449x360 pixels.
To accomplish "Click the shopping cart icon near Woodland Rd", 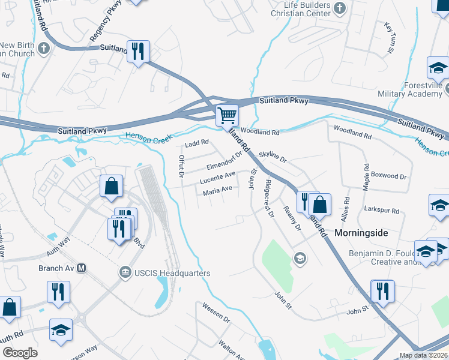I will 227,115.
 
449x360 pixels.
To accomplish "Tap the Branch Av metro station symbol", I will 81,268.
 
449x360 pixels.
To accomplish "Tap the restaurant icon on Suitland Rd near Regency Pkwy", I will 139,52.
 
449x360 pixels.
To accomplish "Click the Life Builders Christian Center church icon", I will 340,8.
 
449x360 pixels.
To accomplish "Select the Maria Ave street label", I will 217,191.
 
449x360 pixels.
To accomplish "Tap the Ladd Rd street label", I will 196,143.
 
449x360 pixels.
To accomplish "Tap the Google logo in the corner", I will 20,353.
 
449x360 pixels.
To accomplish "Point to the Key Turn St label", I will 388,38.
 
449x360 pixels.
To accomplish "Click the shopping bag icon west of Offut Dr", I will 112,186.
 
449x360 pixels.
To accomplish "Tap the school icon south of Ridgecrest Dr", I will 299,258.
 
